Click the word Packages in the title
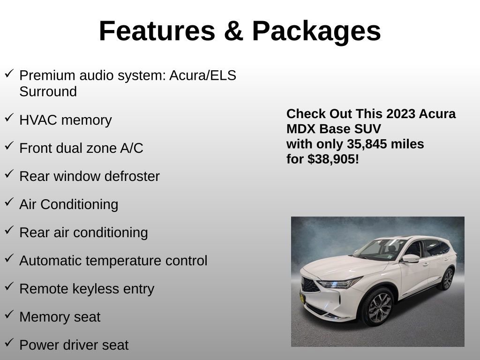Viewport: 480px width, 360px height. click(x=316, y=31)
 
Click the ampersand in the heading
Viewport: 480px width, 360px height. click(x=233, y=31)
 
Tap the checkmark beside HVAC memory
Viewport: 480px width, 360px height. click(x=9, y=118)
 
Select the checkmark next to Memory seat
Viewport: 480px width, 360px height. click(x=9, y=315)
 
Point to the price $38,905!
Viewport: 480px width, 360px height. click(x=333, y=159)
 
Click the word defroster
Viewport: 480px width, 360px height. click(x=133, y=176)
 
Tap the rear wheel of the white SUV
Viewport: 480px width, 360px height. click(x=448, y=279)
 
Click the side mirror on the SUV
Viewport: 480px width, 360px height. click(x=410, y=258)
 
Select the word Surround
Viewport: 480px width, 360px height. click(x=48, y=92)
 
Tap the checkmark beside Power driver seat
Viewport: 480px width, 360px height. click(x=9, y=343)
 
